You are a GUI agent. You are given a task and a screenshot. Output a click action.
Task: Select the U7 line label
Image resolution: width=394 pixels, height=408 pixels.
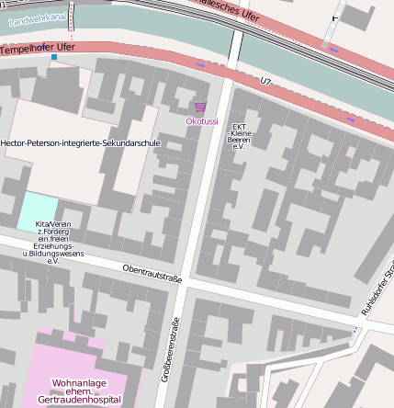click(266, 82)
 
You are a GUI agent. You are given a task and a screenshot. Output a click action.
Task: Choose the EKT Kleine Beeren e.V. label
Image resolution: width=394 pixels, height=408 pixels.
click(241, 137)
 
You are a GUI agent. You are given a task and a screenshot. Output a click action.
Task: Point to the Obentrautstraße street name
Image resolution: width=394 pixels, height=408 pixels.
click(152, 273)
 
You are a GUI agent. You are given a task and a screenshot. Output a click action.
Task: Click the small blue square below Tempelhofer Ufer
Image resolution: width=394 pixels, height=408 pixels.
click(54, 58)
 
